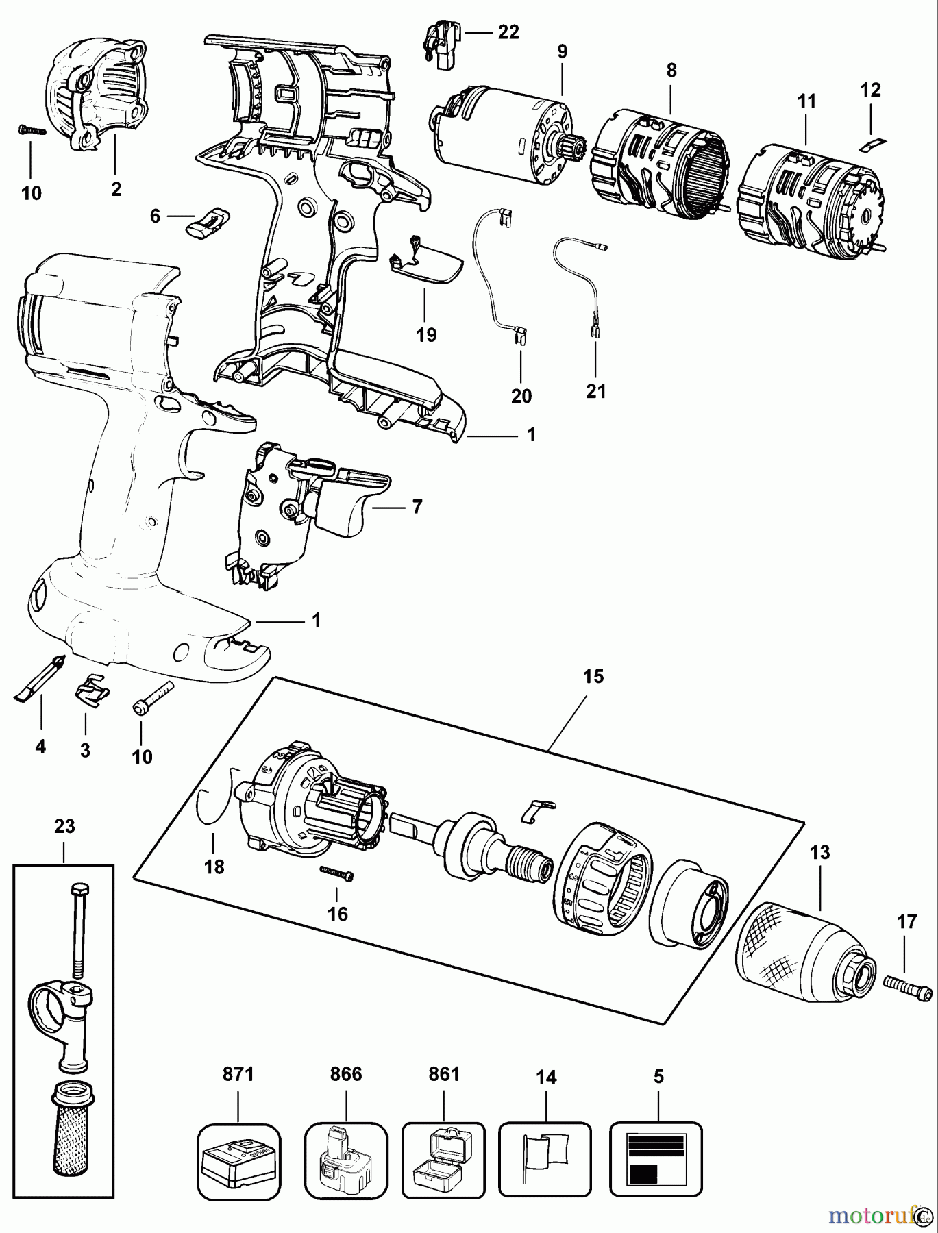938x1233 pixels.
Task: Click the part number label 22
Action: coord(508,32)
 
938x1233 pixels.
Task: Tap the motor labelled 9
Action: coord(501,136)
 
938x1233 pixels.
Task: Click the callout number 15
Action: coord(594,676)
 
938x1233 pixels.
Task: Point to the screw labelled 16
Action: coord(336,871)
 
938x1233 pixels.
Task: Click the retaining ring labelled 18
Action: coord(209,805)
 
